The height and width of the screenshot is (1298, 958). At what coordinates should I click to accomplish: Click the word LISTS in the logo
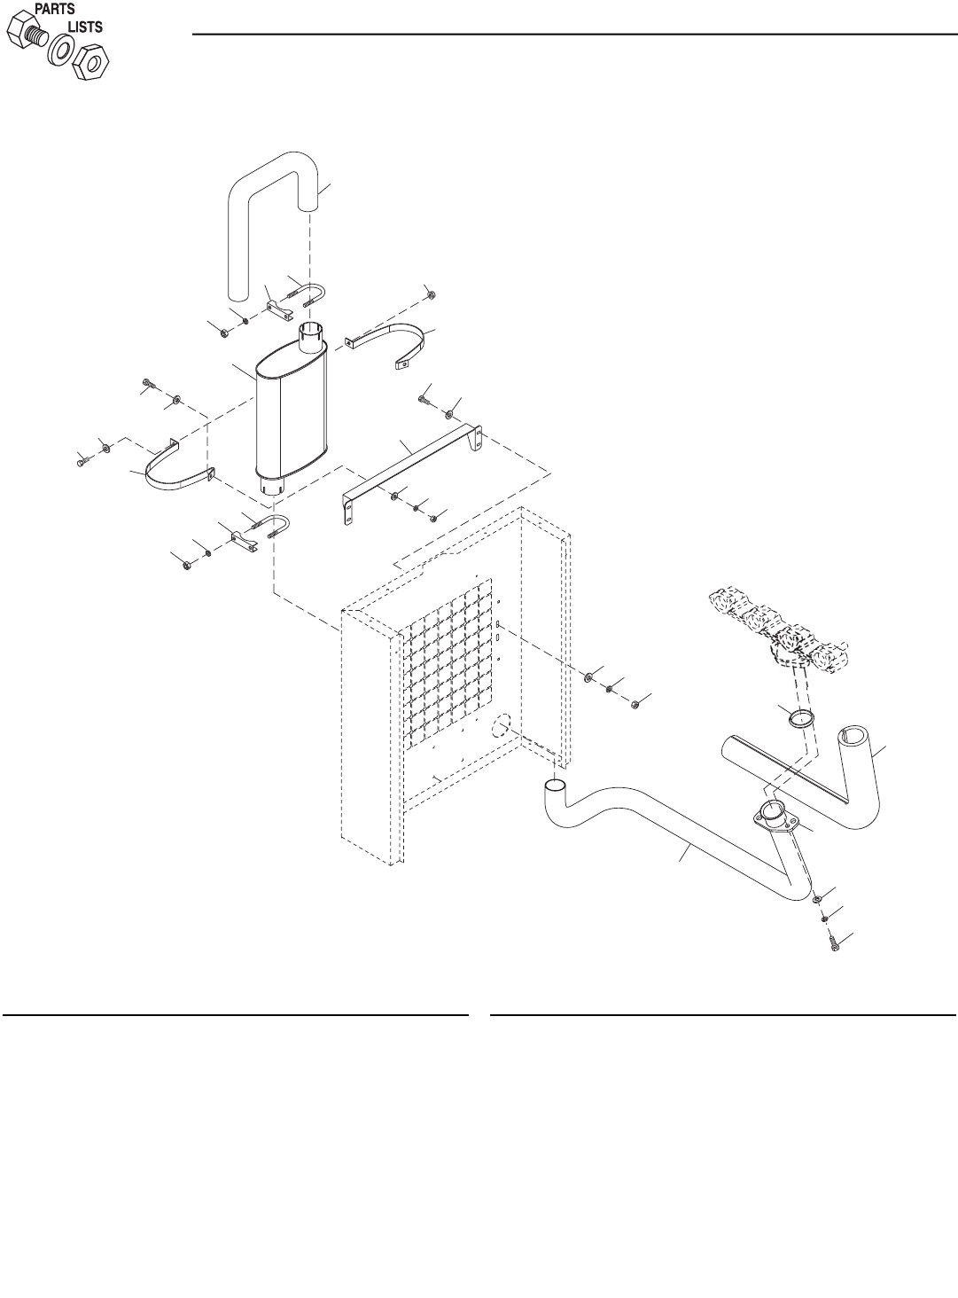85,27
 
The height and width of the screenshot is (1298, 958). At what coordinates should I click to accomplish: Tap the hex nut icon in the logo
89,63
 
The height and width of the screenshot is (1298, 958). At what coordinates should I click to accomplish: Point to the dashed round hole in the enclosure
501,728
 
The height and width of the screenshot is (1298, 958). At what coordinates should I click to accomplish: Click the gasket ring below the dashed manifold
802,718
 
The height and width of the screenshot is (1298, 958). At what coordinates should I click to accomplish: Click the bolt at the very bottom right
836,950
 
